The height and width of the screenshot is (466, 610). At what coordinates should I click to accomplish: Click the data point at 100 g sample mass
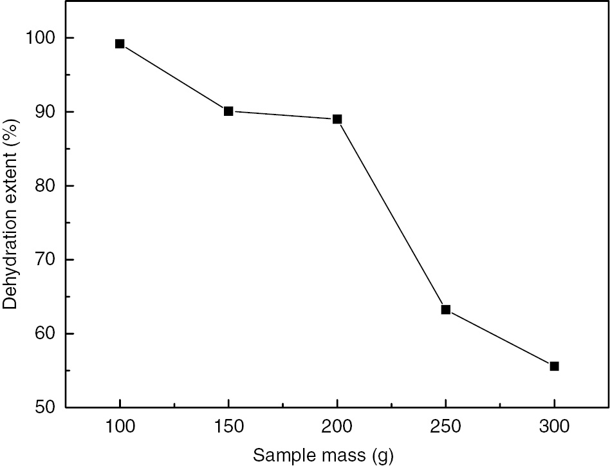[x=120, y=44]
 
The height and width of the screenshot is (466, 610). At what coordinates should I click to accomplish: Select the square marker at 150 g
[x=228, y=111]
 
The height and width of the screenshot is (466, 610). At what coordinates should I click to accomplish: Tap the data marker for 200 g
[x=337, y=119]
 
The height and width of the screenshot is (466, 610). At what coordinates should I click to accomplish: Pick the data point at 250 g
[x=445, y=310]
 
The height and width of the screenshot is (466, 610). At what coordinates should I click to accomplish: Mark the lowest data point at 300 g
[x=554, y=366]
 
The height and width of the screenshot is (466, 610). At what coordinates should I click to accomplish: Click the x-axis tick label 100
[x=120, y=427]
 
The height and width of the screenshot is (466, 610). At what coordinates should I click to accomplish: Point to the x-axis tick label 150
[x=228, y=427]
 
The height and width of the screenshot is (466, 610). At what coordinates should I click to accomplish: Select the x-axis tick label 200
[x=337, y=427]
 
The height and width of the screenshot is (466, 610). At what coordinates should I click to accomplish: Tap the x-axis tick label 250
[x=445, y=427]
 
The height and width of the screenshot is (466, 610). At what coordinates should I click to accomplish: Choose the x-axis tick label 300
[x=554, y=427]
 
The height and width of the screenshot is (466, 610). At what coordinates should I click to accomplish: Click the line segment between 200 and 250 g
[x=391, y=214]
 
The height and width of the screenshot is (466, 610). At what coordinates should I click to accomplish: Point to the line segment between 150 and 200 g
[x=283, y=115]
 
